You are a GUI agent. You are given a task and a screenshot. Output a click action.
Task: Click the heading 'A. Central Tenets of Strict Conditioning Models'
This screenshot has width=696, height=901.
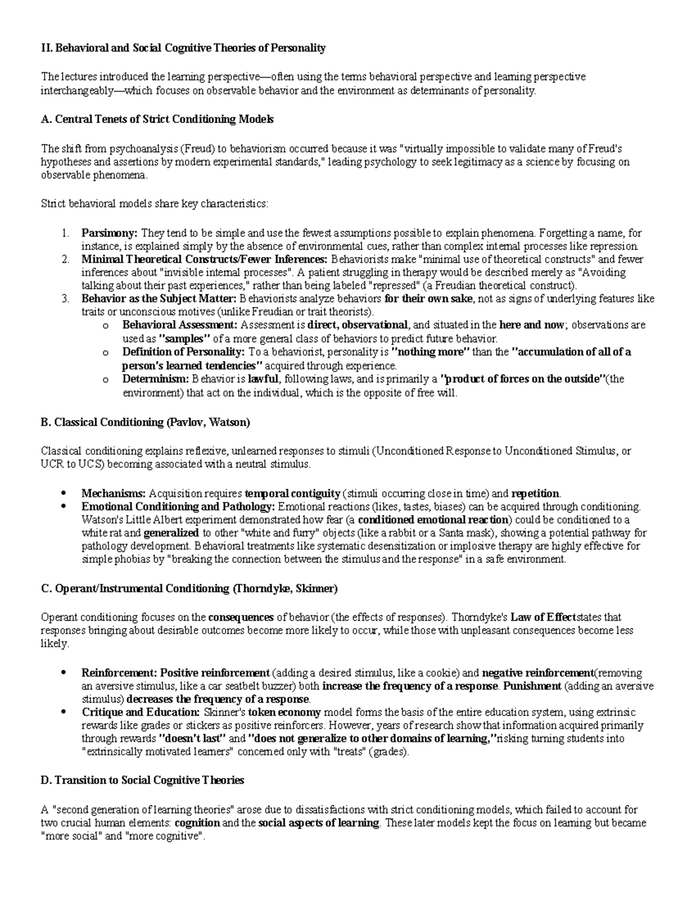coord(157,120)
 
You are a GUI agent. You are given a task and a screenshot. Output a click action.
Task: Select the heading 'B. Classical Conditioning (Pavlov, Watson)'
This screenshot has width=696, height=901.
coord(145,422)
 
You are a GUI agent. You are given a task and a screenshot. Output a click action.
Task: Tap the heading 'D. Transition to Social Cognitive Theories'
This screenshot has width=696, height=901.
coord(142,780)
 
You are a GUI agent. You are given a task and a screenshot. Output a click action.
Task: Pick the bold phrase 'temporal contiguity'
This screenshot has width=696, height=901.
coord(293,494)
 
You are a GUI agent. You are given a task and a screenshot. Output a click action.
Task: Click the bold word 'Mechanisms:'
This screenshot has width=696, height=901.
coord(114,494)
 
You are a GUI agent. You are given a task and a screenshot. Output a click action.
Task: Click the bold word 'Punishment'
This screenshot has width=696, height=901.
coord(532,686)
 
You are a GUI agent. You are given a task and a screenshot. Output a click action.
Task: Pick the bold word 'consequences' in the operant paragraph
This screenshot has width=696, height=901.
coord(241,617)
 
